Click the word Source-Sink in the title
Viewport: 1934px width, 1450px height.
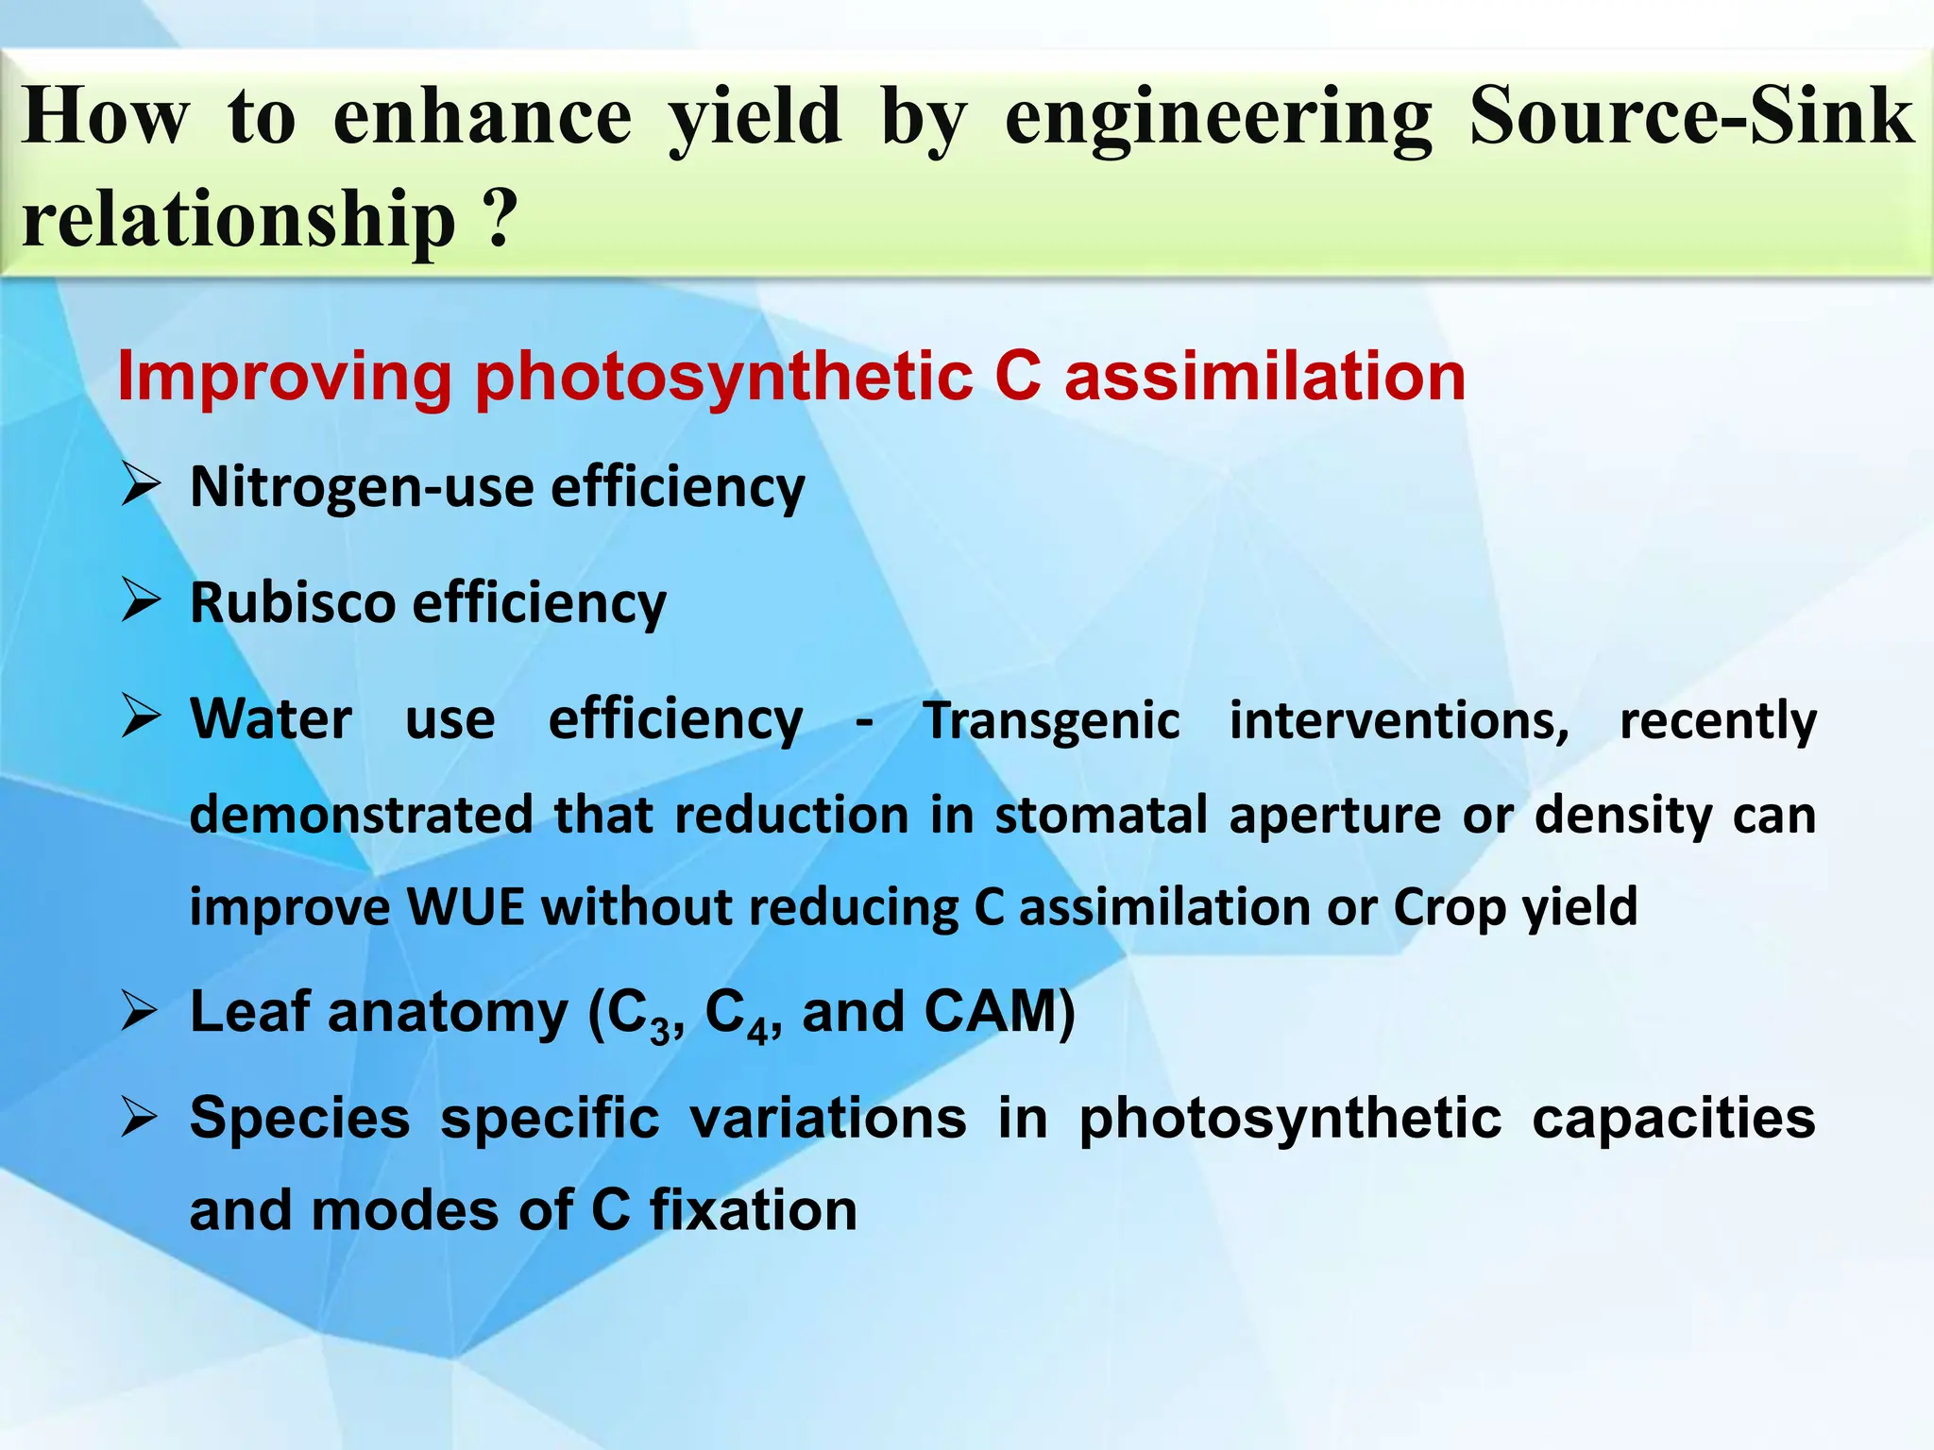[1690, 117]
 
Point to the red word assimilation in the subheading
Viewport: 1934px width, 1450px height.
[1264, 376]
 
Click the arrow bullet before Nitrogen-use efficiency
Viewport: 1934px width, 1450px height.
[141, 487]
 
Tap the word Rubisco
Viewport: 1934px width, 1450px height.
[293, 602]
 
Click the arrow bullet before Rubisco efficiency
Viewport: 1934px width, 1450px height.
[141, 602]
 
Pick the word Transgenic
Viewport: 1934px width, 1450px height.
[1051, 721]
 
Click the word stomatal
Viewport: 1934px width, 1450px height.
[1100, 814]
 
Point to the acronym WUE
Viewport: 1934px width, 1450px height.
[465, 907]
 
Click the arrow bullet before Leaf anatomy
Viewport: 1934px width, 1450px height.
[141, 1012]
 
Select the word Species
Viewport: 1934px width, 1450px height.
[299, 1120]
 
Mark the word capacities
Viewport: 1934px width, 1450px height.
[1672, 1120]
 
